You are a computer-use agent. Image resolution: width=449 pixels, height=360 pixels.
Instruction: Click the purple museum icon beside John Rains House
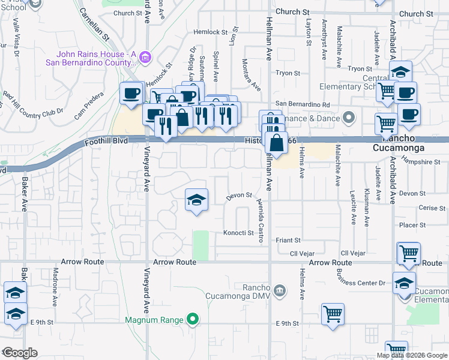tap(145, 58)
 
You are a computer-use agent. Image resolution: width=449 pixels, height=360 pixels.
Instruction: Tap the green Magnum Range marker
tap(192, 319)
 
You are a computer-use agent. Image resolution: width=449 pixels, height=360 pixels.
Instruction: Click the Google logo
tap(20, 353)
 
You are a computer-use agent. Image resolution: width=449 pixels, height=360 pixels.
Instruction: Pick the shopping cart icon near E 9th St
tap(332, 313)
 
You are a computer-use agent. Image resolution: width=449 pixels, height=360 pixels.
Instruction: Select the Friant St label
tap(288, 240)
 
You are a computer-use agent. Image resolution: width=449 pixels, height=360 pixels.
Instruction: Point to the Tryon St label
tap(288, 73)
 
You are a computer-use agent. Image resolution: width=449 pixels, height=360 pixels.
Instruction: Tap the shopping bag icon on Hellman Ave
tap(276, 143)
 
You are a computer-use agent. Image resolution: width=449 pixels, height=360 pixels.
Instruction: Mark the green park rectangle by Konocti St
tap(200, 245)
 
